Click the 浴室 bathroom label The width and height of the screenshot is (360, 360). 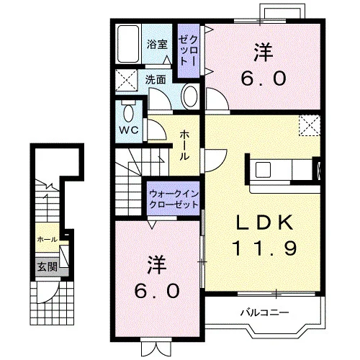[157, 44]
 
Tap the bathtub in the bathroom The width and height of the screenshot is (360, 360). [128, 44]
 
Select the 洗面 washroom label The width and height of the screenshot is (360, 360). [156, 79]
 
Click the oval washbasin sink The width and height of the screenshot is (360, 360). [191, 96]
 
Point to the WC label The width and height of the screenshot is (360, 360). [129, 130]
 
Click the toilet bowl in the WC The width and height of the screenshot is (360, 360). [129, 114]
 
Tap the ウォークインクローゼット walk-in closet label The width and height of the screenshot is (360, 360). [174, 199]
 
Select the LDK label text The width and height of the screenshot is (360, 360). [264, 222]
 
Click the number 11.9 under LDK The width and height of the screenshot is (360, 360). [264, 248]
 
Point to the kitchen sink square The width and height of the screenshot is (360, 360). [263, 170]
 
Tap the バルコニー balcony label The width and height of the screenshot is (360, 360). [265, 312]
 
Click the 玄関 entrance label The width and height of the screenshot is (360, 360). [48, 266]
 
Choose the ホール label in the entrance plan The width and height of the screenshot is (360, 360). [48, 239]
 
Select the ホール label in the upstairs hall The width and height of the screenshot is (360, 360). [184, 145]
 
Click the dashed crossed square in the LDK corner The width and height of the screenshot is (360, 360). [310, 125]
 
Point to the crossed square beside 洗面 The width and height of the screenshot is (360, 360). [127, 80]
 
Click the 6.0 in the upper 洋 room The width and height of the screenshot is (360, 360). [264, 79]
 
